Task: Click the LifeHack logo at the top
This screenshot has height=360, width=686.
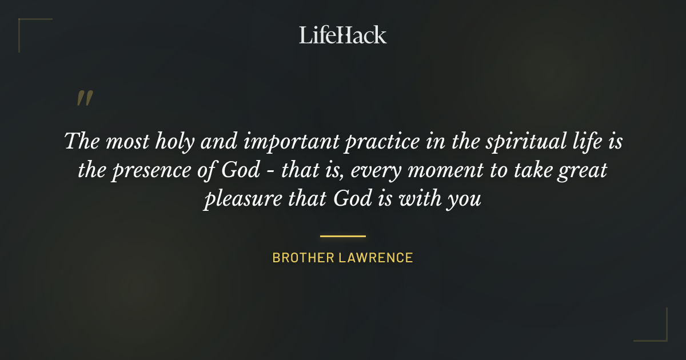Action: coord(342,35)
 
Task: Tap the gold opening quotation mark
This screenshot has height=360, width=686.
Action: coord(85,98)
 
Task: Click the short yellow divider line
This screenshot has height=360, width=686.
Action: coord(342,235)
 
